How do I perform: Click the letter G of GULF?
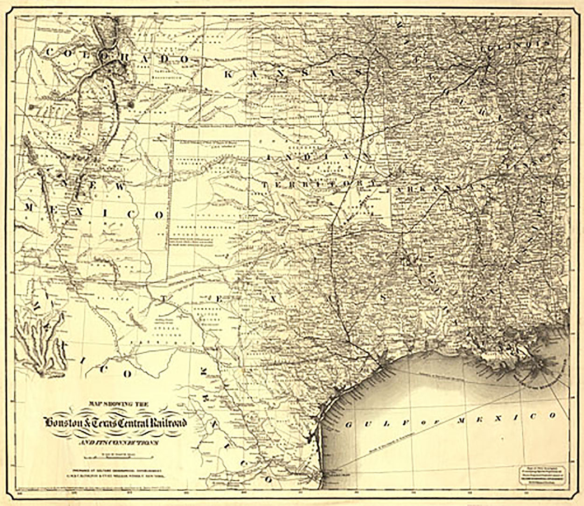(x=349, y=425)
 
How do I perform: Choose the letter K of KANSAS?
(x=228, y=74)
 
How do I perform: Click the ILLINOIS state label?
(x=514, y=46)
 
